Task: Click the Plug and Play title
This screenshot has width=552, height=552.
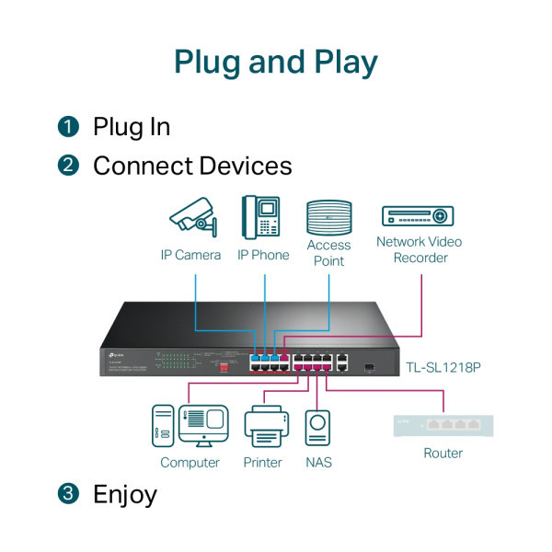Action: [276, 62]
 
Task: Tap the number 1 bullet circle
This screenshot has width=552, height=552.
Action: [68, 127]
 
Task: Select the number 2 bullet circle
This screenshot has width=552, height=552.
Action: [68, 166]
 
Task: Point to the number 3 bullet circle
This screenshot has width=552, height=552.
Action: [68, 494]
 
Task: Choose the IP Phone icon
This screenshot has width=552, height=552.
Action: [261, 217]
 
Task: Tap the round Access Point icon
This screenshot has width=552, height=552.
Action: [328, 217]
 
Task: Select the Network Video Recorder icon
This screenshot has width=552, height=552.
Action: [419, 216]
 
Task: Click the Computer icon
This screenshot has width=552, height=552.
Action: [190, 427]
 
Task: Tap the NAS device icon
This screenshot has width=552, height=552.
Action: [318, 428]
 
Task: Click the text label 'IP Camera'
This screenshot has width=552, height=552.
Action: [190, 255]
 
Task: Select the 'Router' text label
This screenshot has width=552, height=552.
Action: [443, 454]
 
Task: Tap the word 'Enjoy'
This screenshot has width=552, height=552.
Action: [125, 494]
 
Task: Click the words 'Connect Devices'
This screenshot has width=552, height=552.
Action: [192, 166]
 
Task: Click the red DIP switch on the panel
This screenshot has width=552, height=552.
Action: [219, 364]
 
